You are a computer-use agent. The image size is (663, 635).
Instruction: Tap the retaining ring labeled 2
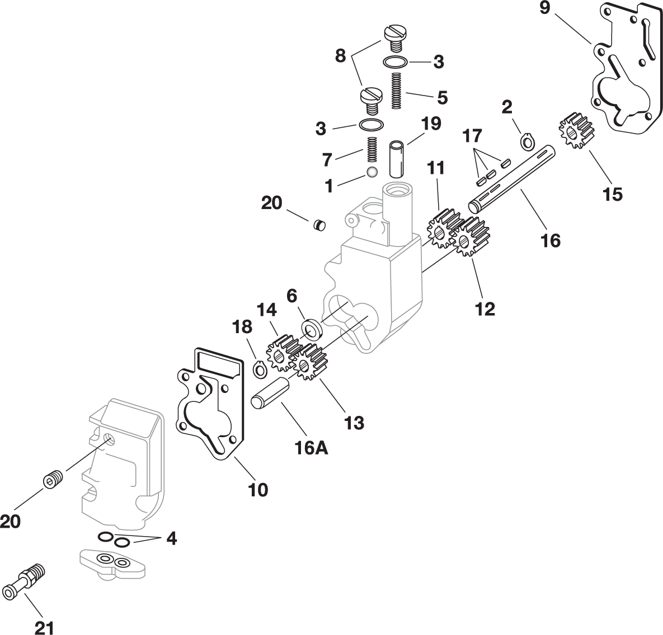click(x=526, y=143)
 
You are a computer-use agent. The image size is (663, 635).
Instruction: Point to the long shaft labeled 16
click(x=515, y=178)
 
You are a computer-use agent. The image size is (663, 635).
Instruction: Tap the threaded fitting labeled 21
click(x=25, y=582)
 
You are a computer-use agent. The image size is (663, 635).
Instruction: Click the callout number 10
click(x=258, y=489)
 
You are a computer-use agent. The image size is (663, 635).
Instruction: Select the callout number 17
click(x=472, y=135)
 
